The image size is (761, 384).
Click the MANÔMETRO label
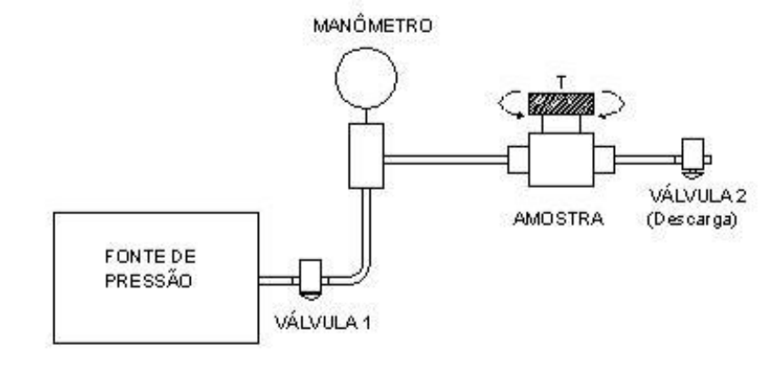[x=372, y=25]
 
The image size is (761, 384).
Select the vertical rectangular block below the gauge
[x=367, y=156]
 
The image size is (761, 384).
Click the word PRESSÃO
[x=149, y=281]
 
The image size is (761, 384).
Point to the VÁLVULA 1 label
[x=322, y=323]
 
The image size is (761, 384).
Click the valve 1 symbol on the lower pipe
[x=311, y=278]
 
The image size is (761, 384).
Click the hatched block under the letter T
[x=561, y=104]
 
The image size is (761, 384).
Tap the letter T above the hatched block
[x=561, y=83]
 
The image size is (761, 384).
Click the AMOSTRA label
[x=558, y=219]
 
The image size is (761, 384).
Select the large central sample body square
[x=561, y=160]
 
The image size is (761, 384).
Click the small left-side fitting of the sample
[x=519, y=160]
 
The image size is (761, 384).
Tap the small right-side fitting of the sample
[x=604, y=160]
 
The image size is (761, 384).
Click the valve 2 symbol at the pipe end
[x=693, y=157]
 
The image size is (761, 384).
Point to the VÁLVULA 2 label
[x=697, y=197]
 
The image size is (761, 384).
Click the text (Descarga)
[x=692, y=220]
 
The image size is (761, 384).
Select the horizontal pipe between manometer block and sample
[x=446, y=160]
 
